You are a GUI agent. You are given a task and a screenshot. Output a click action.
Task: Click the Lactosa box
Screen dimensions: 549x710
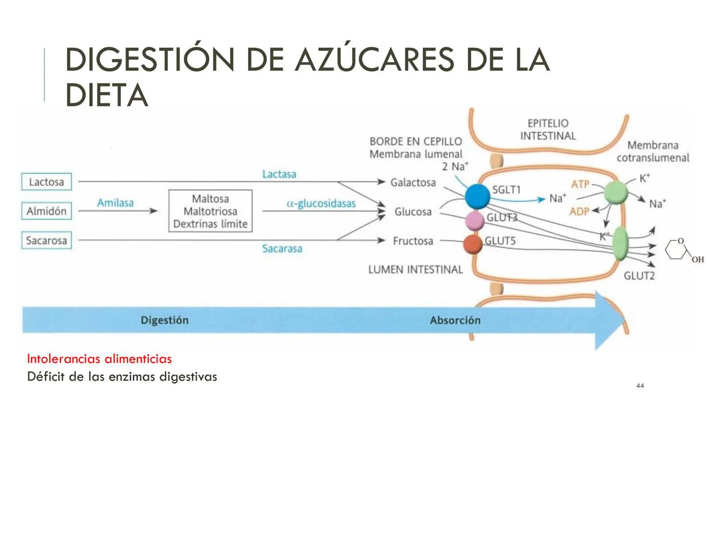(x=46, y=181)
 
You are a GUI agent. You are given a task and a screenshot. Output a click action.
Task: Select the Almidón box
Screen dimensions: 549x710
(x=46, y=211)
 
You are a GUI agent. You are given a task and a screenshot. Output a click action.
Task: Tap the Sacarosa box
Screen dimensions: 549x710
(x=46, y=240)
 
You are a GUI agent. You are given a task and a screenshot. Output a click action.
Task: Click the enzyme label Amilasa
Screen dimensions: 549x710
(x=115, y=203)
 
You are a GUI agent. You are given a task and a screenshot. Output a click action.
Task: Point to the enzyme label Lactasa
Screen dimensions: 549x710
(x=279, y=174)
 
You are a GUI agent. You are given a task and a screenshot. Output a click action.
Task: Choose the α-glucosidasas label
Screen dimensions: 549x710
(x=321, y=203)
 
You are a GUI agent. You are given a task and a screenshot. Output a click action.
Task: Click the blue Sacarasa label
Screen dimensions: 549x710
(x=282, y=249)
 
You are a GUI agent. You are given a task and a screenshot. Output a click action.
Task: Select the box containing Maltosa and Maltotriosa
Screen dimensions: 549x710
(x=210, y=211)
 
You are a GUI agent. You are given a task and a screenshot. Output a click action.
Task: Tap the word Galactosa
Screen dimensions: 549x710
(x=413, y=182)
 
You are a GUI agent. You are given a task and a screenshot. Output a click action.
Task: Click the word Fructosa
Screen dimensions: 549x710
(x=413, y=241)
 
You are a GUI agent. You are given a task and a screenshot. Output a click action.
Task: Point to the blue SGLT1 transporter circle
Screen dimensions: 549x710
(x=477, y=197)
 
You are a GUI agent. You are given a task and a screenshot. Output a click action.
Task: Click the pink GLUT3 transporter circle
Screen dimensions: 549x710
(x=475, y=221)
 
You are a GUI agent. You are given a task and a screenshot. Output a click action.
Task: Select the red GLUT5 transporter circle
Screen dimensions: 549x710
(x=473, y=244)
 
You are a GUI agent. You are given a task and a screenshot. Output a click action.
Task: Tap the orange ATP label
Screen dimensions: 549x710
(x=580, y=184)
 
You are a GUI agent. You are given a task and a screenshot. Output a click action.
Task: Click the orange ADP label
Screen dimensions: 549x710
(x=579, y=211)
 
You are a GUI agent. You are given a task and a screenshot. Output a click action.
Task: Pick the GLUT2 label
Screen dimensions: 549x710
(x=639, y=276)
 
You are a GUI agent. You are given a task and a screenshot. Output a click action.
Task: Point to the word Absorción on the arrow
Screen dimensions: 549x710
(x=455, y=320)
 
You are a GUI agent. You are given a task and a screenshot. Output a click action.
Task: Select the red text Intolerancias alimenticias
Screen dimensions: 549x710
(x=99, y=359)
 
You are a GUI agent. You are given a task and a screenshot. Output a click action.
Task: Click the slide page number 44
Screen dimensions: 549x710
(x=640, y=386)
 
